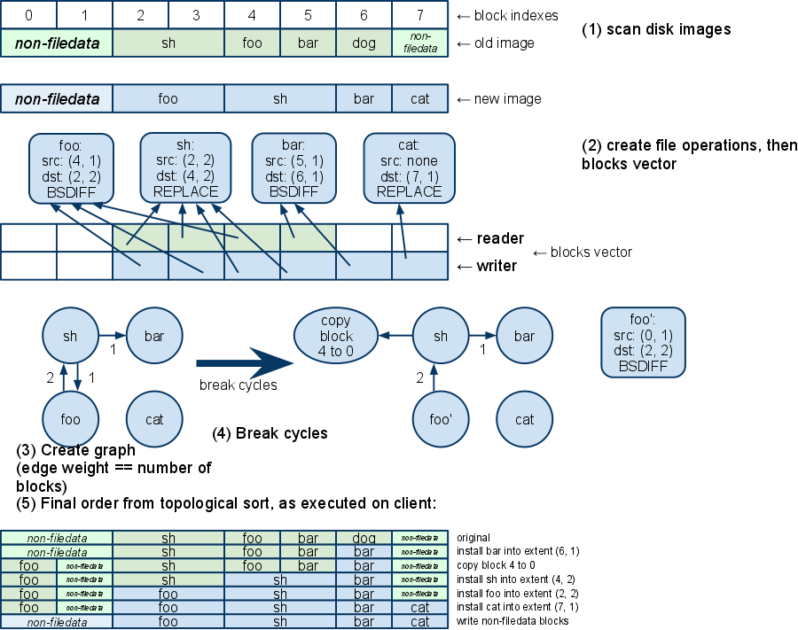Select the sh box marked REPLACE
pyautogui.click(x=185, y=167)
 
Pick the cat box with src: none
pyautogui.click(x=409, y=167)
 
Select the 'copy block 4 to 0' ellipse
pyautogui.click(x=336, y=336)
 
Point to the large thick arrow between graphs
pyautogui.click(x=244, y=362)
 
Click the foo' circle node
pyautogui.click(x=441, y=419)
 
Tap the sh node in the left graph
pyautogui.click(x=71, y=336)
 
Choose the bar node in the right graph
pyautogui.click(x=524, y=336)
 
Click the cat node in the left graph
pyautogui.click(x=154, y=419)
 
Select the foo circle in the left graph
pyautogui.click(x=71, y=419)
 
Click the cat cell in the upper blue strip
pyautogui.click(x=420, y=98)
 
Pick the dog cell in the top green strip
pyautogui.click(x=364, y=43)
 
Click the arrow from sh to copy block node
pyautogui.click(x=395, y=336)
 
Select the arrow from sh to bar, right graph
pyautogui.click(x=482, y=336)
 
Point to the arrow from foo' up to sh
pyautogui.click(x=434, y=377)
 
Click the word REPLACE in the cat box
pyautogui.click(x=409, y=191)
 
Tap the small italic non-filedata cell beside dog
pyautogui.click(x=420, y=43)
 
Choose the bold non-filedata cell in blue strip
pyautogui.click(x=57, y=98)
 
